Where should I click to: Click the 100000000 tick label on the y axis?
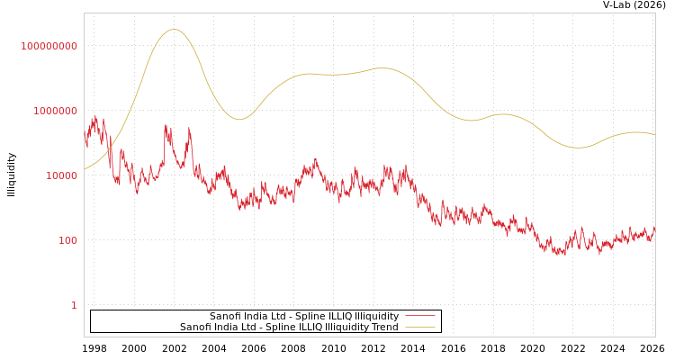click(x=49, y=46)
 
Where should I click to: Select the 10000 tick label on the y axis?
click(x=61, y=175)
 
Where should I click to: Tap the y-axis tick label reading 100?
click(x=67, y=240)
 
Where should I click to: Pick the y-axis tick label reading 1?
click(x=74, y=305)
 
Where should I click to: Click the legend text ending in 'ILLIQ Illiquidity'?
click(x=304, y=316)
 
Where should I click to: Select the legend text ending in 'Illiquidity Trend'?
click(x=289, y=327)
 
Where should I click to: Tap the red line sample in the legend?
click(x=419, y=316)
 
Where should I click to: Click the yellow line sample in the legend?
click(x=419, y=327)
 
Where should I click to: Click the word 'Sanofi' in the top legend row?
click(x=225, y=316)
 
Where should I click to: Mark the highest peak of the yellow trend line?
click(x=174, y=30)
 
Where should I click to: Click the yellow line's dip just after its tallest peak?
click(x=238, y=119)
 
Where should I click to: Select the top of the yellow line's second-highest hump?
click(x=383, y=67)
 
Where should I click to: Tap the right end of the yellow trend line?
click(x=655, y=135)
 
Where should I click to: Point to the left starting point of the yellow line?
click(x=85, y=169)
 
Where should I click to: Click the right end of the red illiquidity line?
click(x=655, y=228)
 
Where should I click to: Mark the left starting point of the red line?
click(x=85, y=135)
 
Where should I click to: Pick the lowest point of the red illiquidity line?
click(x=560, y=256)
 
